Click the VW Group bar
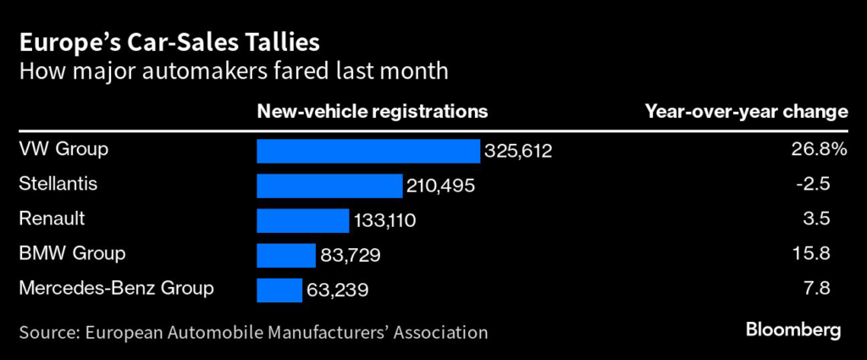[368, 151]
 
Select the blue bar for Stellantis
[329, 186]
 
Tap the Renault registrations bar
[302, 220]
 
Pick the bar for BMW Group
[286, 255]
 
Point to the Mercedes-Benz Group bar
[279, 290]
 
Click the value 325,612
[518, 152]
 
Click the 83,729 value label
[351, 256]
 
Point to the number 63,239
[337, 291]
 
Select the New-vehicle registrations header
[372, 111]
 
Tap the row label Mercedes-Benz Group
[116, 288]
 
